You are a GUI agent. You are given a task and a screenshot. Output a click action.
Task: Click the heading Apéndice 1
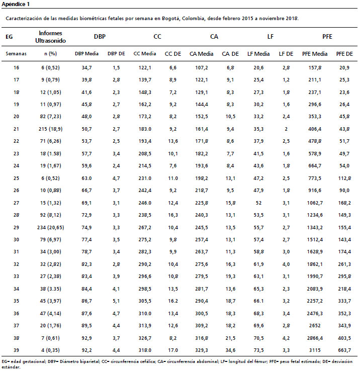16,4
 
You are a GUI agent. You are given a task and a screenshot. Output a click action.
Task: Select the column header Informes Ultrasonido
50,37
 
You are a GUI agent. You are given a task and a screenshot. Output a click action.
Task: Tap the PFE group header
327,36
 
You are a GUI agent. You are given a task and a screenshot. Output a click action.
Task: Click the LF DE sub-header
286,54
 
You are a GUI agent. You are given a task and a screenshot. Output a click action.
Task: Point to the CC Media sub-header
145,54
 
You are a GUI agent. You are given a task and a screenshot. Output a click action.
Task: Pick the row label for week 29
16,227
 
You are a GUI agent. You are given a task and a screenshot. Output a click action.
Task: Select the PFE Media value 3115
315,350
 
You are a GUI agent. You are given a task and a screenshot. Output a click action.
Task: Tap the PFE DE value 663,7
344,350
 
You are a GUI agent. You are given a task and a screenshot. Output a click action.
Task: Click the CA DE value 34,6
230,350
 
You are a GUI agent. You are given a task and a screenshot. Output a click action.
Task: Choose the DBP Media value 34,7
86,68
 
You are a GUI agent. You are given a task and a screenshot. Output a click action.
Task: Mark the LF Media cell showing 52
258,203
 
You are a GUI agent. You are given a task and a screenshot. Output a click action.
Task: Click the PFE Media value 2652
315,325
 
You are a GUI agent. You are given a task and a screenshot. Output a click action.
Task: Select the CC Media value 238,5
145,215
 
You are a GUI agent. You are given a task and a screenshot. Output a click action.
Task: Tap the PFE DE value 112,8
344,178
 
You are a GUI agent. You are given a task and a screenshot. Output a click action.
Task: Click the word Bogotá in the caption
171,19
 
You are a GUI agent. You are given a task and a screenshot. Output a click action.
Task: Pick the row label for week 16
16,68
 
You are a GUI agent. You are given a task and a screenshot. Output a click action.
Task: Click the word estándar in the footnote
11,367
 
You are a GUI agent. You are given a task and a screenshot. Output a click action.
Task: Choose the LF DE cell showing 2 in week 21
286,129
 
